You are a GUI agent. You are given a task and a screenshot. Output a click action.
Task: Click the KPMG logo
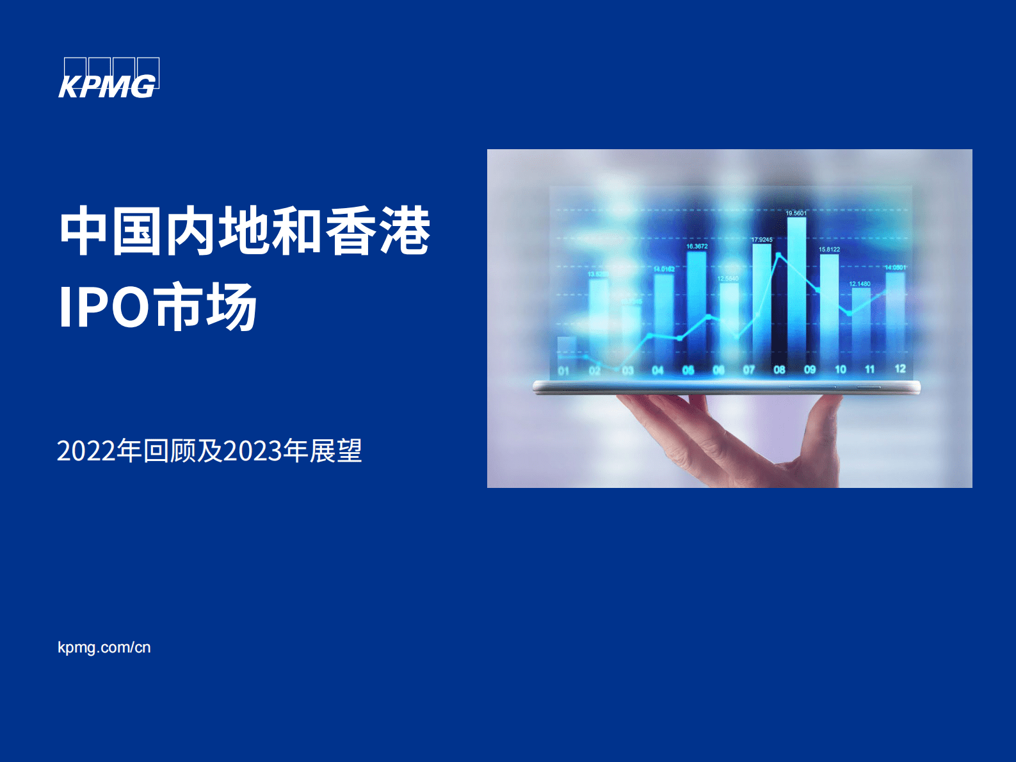[108, 78]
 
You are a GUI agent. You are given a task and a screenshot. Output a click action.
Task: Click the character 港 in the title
[405, 231]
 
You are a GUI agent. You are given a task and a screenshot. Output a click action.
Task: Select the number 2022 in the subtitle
[86, 451]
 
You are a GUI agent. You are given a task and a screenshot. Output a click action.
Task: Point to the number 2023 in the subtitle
[252, 451]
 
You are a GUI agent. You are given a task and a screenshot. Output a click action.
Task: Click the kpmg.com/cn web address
[104, 647]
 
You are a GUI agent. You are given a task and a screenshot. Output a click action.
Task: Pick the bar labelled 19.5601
[796, 288]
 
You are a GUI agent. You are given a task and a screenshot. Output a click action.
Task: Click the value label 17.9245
[762, 239]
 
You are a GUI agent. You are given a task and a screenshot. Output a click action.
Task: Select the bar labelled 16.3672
[697, 307]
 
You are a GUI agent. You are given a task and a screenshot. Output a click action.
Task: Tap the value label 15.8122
[829, 249]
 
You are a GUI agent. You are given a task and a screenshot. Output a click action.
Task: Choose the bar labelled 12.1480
[861, 323]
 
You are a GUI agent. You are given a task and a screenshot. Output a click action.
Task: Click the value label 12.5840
[728, 279]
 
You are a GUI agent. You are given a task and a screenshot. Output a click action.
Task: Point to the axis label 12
[900, 369]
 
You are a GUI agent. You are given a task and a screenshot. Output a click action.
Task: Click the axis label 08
[779, 369]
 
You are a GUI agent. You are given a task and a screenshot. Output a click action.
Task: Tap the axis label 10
[841, 369]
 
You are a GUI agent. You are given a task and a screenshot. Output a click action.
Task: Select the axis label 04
[657, 370]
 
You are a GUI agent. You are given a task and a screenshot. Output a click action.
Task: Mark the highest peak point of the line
[778, 255]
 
